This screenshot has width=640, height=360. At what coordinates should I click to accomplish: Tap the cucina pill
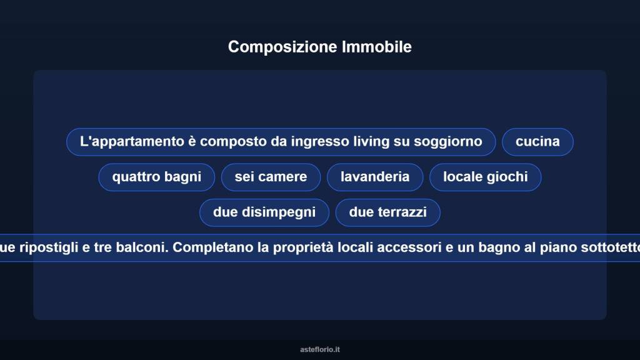point(537,142)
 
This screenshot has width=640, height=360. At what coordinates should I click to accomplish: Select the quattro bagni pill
point(157,177)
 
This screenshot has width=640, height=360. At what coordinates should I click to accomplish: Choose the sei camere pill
point(271,177)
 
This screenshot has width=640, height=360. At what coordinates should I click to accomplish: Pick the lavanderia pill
point(375,177)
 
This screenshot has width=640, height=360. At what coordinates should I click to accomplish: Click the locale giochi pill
point(485,177)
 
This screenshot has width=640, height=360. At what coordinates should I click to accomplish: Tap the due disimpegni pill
point(264,212)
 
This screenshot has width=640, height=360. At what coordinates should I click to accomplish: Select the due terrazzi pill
point(387,212)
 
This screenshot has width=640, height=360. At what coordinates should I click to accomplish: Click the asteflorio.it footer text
point(320,349)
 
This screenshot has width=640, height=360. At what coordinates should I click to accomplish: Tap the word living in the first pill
point(371,142)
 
